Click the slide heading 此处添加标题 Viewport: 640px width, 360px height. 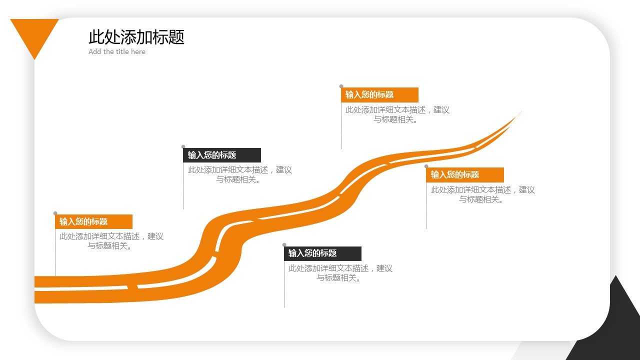[136, 37]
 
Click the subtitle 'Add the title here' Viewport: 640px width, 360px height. [117, 51]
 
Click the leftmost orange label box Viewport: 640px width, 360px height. [93, 221]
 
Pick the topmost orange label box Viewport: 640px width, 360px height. [379, 94]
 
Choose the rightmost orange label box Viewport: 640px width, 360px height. [465, 174]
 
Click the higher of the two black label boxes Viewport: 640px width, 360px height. [222, 155]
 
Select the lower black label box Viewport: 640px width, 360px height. [322, 253]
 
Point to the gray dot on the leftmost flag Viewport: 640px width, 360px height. [55, 213]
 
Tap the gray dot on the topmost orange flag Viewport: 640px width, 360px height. [341, 86]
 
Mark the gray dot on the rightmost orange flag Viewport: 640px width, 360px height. [426, 166]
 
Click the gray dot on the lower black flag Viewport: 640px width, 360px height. [284, 245]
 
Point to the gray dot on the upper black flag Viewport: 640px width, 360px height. [183, 147]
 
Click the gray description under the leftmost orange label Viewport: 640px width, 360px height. [111, 241]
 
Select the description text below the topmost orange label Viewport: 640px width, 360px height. [397, 114]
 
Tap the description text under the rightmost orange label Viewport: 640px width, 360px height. [482, 194]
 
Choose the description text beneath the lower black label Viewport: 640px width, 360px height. [340, 273]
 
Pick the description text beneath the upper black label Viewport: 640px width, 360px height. [239, 174]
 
